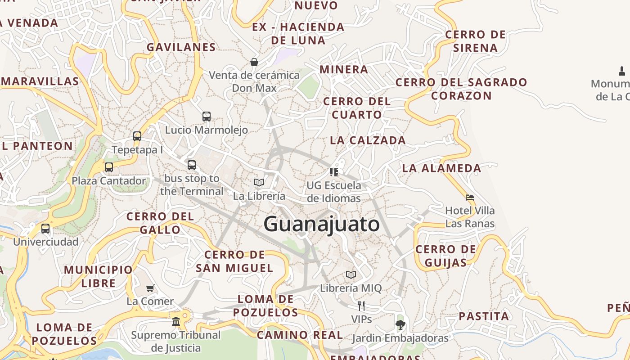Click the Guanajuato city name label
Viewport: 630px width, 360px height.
point(321,224)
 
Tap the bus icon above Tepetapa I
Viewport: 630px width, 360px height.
point(137,136)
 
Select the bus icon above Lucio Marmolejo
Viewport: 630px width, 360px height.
point(207,117)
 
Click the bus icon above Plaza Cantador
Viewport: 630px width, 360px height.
point(109,167)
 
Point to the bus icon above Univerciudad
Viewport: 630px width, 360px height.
point(45,228)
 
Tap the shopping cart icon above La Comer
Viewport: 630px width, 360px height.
point(150,288)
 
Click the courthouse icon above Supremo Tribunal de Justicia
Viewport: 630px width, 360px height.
point(176,321)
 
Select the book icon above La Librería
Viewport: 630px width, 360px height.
point(259,182)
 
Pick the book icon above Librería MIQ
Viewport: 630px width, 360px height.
point(351,274)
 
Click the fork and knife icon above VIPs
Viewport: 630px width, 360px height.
point(361,306)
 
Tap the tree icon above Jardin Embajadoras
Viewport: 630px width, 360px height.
point(400,324)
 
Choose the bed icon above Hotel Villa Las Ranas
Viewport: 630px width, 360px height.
point(470,197)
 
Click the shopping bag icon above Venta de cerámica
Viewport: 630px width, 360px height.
point(254,62)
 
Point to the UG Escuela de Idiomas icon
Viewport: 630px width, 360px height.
point(333,172)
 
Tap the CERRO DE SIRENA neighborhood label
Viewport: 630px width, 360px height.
point(475,41)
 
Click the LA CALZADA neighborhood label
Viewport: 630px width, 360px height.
point(368,140)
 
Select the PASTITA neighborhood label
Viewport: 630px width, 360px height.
point(484,316)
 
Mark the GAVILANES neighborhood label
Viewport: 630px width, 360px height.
point(181,47)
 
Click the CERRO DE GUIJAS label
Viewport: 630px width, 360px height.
point(445,256)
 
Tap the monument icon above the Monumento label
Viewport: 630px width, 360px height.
point(622,71)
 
